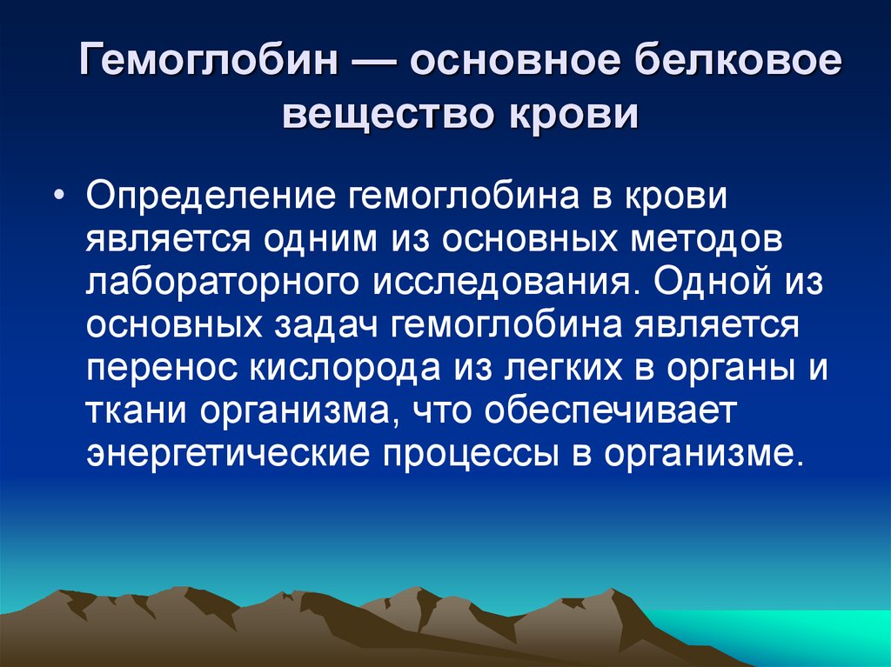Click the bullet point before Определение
click(57, 196)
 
